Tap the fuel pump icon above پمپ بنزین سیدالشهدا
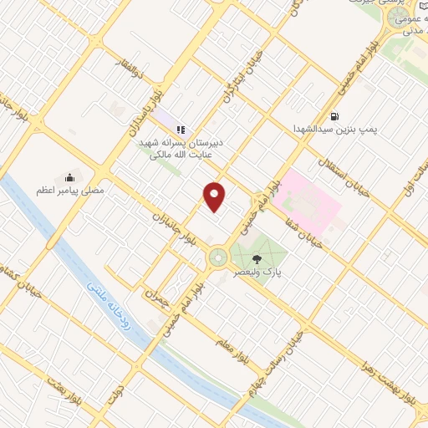[335, 116]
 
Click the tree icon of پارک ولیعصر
[267, 258]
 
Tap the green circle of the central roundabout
[218, 257]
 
